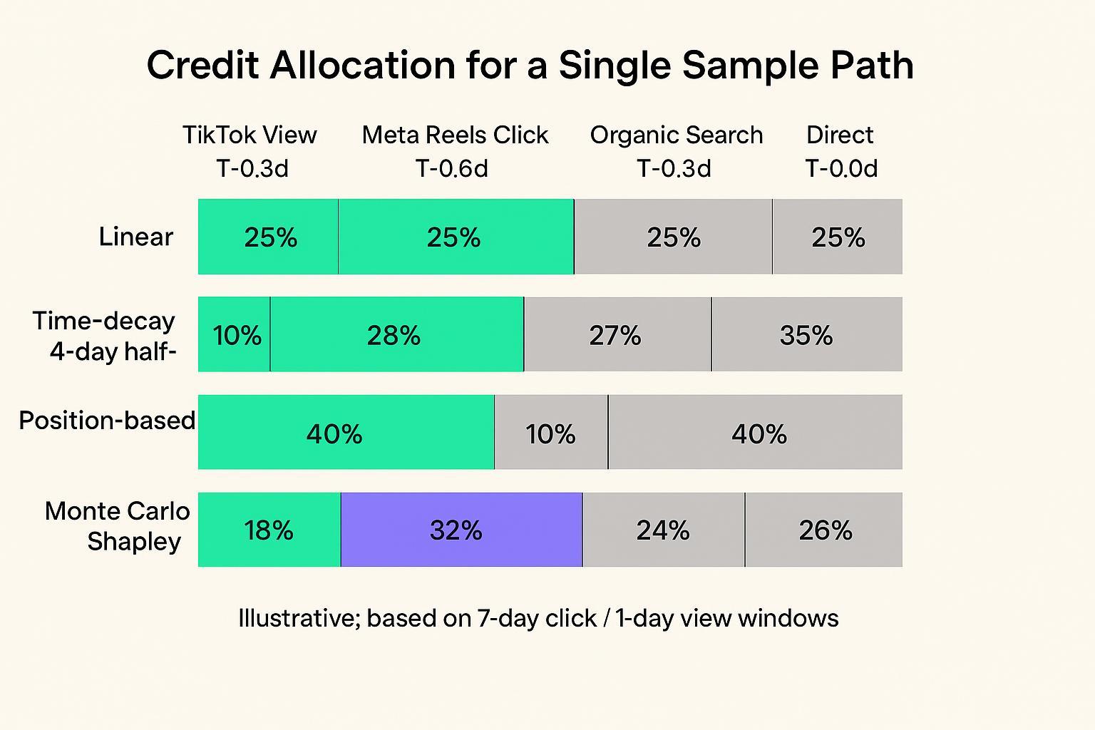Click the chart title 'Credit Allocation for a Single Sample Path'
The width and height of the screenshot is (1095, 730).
pos(530,66)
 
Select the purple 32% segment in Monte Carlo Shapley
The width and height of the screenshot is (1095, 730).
pos(461,530)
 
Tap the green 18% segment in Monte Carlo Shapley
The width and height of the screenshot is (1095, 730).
pos(269,530)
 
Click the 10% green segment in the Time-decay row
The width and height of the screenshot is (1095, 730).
pos(235,334)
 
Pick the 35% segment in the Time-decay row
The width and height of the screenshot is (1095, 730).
pos(806,334)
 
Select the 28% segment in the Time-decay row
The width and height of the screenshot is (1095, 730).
pos(396,334)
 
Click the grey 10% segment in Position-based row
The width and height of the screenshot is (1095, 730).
pos(551,432)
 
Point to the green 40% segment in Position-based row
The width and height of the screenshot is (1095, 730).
pos(346,432)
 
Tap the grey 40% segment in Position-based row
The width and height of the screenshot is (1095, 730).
pos(756,432)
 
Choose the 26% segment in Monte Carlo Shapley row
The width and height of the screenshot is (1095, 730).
pos(824,530)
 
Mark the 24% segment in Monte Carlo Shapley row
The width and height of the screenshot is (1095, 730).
pos(664,530)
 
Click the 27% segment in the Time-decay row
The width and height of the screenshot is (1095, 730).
pos(617,334)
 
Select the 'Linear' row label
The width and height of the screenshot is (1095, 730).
pos(135,237)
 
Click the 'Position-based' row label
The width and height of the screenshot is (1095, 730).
pos(107,421)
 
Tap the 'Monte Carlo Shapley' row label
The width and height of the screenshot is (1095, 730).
pos(118,526)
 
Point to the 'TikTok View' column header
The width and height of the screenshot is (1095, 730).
pos(250,135)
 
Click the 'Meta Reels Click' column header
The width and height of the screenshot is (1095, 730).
pos(455,135)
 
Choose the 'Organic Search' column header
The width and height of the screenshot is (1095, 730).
pos(676,135)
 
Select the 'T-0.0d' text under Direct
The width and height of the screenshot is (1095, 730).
pos(841,169)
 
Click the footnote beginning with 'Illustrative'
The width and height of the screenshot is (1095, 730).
pos(538,618)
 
